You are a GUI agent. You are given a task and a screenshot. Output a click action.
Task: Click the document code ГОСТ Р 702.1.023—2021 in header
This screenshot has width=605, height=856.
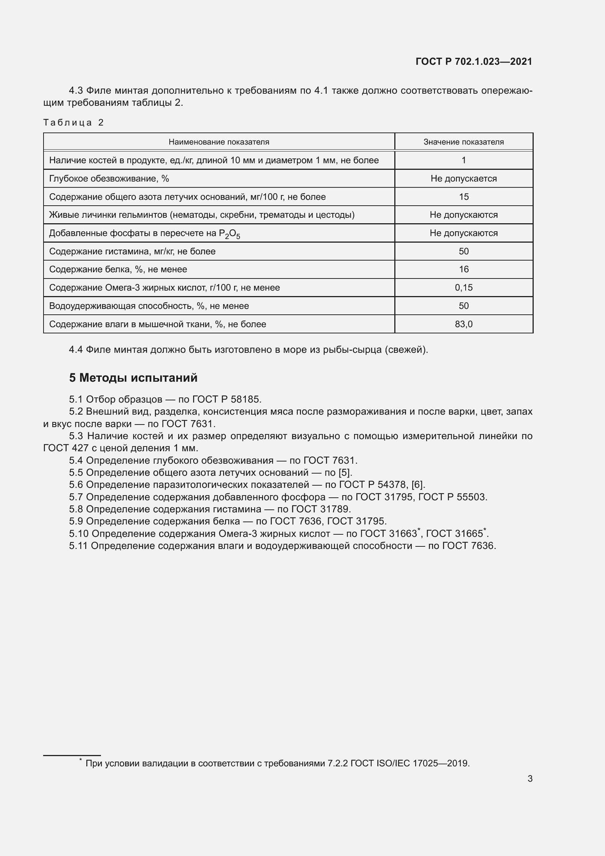point(473,61)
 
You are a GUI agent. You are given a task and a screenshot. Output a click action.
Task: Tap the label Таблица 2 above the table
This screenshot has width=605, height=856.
point(74,123)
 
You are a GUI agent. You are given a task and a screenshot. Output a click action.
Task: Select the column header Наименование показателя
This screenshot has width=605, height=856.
point(219,142)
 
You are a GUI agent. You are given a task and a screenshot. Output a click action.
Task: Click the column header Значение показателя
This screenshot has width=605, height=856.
point(463,142)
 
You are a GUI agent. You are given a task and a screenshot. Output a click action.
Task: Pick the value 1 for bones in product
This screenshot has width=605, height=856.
point(463,160)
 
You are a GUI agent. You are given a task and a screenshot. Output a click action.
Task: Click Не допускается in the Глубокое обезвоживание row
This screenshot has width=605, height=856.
point(463,179)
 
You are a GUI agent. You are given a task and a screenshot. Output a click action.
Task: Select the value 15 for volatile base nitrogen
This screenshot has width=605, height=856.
point(463,197)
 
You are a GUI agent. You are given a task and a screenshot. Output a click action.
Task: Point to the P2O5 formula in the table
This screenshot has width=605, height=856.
point(229,234)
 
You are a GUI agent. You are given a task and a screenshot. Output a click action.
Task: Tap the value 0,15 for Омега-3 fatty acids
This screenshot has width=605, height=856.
point(463,288)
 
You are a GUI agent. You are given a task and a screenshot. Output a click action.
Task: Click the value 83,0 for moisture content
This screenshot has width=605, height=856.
point(463,324)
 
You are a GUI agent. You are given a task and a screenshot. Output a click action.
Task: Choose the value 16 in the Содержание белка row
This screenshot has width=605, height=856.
point(463,270)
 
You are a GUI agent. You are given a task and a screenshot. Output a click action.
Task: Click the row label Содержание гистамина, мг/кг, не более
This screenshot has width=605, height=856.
point(132,251)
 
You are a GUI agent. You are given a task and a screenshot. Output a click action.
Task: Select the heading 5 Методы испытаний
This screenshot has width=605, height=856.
point(133,378)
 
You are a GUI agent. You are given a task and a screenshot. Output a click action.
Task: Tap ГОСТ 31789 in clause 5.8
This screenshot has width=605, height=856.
point(320,509)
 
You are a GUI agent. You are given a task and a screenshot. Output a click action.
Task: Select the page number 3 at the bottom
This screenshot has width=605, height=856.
point(530,779)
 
